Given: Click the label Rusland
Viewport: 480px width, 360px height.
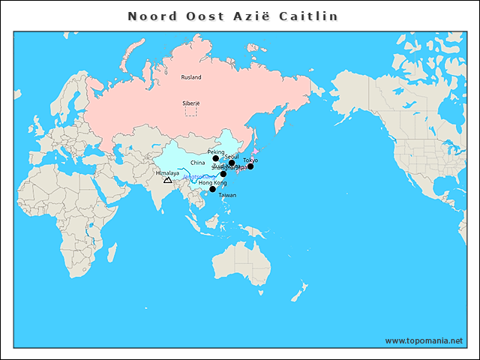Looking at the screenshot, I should tap(191, 76).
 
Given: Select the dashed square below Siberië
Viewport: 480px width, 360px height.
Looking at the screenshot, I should tap(191, 111).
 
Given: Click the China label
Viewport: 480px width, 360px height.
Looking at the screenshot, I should tap(197, 162).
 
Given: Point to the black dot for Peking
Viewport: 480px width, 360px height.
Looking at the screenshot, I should tap(216, 158).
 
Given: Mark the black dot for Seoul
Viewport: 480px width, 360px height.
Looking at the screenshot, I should tap(232, 163).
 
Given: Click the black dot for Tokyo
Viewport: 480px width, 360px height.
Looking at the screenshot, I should tap(250, 166).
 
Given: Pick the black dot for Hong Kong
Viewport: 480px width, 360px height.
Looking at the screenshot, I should tap(212, 189).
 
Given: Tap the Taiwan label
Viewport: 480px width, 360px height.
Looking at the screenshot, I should tap(227, 195).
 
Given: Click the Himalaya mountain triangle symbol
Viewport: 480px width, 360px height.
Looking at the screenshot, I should tap(167, 180).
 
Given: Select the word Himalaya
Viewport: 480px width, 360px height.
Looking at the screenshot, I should tap(167, 173).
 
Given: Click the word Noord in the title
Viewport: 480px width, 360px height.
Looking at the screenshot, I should tap(152, 16).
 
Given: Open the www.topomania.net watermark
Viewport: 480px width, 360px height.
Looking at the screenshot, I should tap(424, 340).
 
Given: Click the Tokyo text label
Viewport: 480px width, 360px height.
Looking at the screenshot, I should tap(250, 160).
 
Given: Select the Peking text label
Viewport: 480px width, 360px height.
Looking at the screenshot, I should tap(216, 151).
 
